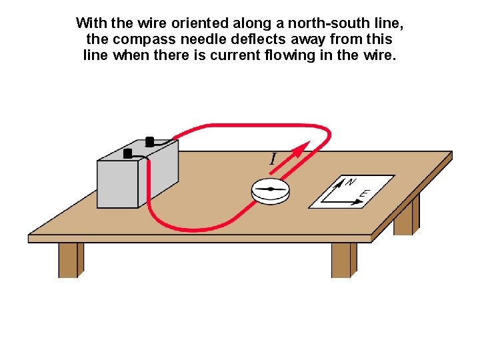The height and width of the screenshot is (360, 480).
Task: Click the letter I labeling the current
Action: (273, 159)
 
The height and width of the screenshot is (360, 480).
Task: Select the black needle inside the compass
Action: (271, 189)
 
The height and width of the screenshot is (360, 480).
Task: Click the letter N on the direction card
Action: (351, 181)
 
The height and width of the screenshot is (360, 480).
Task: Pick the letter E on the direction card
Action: (364, 194)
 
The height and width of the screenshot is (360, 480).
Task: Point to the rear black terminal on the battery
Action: (149, 141)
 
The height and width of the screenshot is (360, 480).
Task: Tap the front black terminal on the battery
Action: (128, 153)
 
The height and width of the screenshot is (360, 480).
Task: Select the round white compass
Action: (271, 191)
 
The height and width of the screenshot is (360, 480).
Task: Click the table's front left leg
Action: (69, 259)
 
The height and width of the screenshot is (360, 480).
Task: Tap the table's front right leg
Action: (343, 259)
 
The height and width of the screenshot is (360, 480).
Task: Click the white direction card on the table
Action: (352, 191)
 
